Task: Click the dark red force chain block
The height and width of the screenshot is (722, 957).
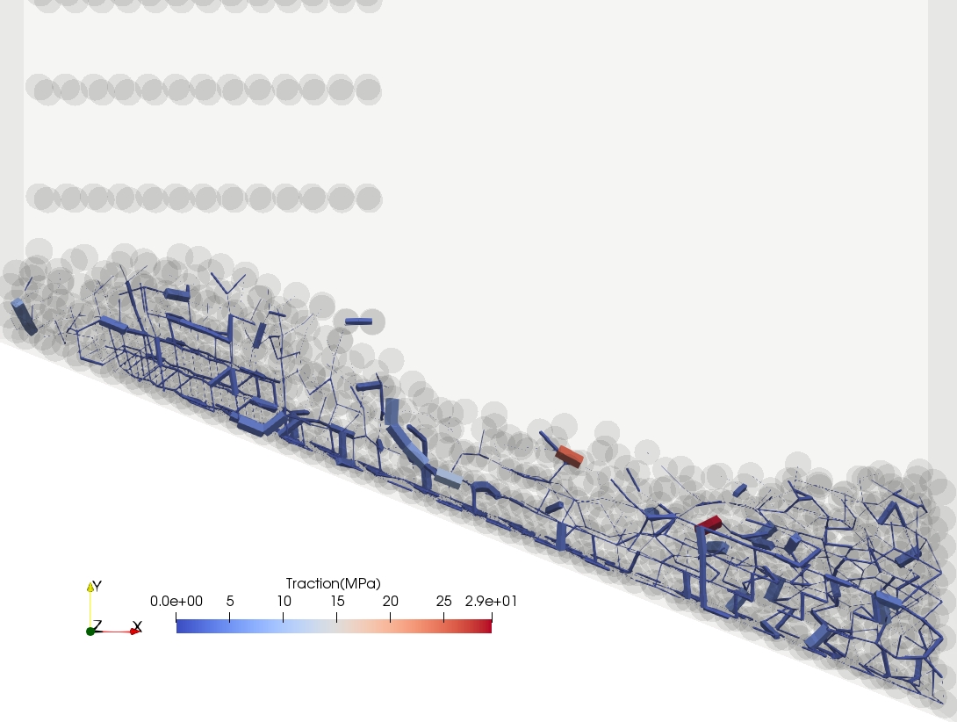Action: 709,523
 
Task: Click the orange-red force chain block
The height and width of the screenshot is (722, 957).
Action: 570,456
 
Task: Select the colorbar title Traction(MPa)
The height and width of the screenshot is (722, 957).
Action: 334,583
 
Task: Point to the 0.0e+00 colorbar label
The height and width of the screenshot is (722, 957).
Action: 176,601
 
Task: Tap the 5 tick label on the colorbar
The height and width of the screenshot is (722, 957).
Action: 230,601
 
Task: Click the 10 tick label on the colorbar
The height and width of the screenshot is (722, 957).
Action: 284,601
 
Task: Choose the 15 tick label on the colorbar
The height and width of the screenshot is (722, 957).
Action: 337,601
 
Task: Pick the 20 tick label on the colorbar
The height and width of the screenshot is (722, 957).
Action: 391,601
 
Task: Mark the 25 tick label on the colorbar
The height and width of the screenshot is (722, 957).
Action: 443,601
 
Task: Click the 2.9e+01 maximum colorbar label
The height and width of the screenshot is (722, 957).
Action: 491,601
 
